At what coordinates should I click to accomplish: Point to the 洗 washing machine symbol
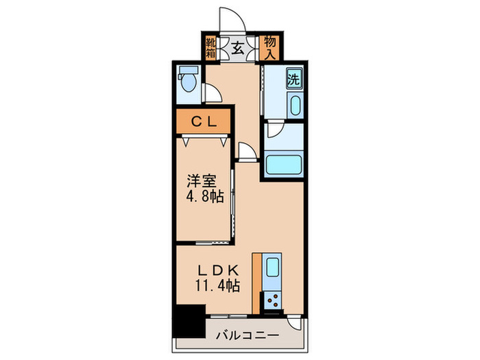(x=293, y=79)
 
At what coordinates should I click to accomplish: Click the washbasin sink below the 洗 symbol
(x=294, y=106)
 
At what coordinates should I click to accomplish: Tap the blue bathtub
(x=283, y=165)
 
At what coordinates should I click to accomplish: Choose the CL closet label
(x=204, y=123)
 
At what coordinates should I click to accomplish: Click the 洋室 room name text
(x=202, y=181)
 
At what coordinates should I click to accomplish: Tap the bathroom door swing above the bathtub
(x=274, y=132)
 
